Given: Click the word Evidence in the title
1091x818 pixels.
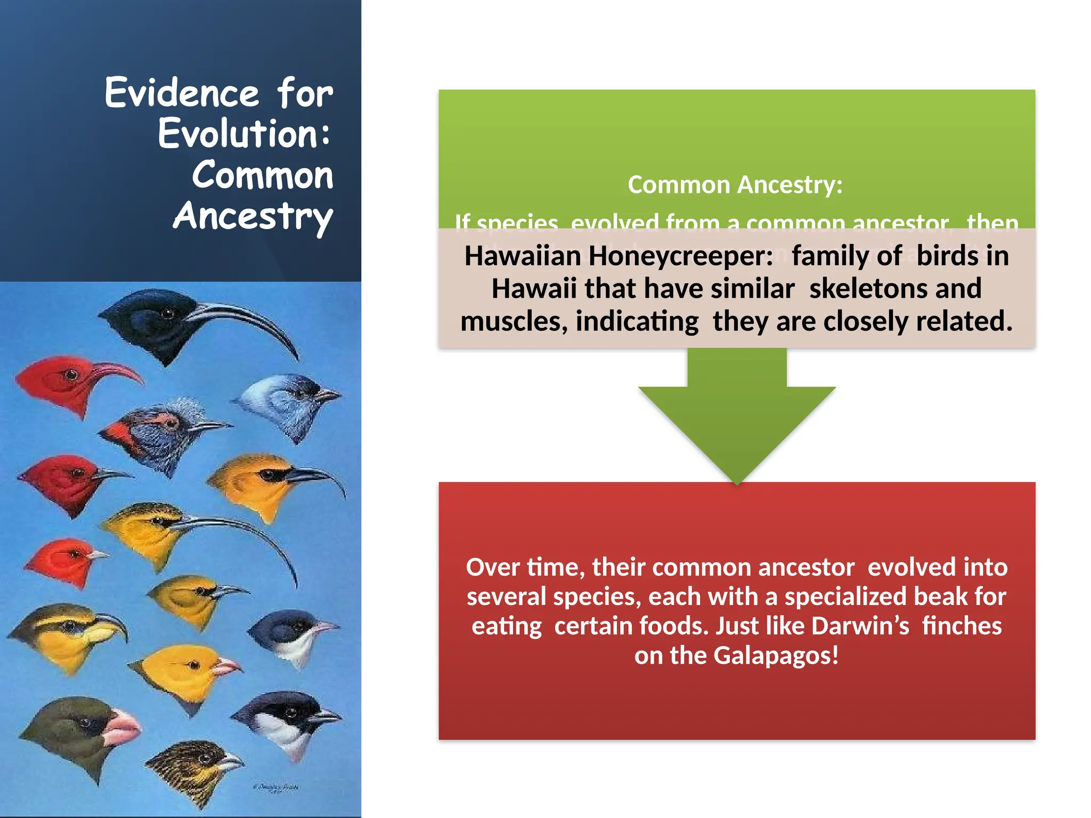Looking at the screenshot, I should pyautogui.click(x=182, y=93).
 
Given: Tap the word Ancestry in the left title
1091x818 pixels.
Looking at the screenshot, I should pyautogui.click(x=253, y=216).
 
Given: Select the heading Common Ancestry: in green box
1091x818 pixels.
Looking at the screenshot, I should pyautogui.click(x=735, y=185).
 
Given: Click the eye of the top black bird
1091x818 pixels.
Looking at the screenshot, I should pyautogui.click(x=168, y=313).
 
